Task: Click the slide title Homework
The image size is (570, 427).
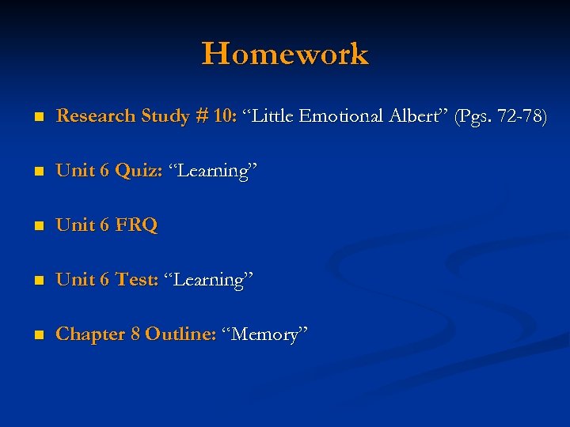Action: click(x=285, y=55)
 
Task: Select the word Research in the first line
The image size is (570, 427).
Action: click(x=96, y=116)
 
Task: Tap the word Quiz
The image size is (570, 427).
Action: click(x=139, y=171)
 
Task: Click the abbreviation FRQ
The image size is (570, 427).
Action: click(x=136, y=225)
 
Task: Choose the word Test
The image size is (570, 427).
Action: click(x=137, y=280)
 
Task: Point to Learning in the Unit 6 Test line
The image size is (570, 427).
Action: click(x=208, y=280)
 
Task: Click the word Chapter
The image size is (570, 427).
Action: click(x=90, y=334)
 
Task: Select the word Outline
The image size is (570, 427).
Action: click(x=180, y=334)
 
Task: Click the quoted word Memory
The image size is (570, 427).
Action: click(x=264, y=334)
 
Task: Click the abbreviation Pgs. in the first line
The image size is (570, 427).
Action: click(x=475, y=117)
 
